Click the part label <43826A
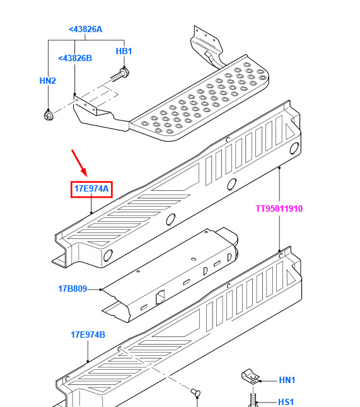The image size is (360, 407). pos(85,30)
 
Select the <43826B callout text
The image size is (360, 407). pos(75,58)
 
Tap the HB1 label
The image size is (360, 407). pos(124,51)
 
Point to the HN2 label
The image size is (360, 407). pos(47,81)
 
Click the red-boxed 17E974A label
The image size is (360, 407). pos(91,189)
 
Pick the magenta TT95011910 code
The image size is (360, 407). pos(279,209)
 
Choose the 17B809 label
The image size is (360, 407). pos(73,289)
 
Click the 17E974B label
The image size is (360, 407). pos(88,335)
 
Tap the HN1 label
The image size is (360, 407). pos(287,381)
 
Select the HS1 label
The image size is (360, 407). pos(286,402)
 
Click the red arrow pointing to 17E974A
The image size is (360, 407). pos(79,163)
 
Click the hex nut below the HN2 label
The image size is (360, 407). pos(49,115)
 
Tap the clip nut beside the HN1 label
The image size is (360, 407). pos(250,376)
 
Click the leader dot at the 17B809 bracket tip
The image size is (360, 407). pos(100,289)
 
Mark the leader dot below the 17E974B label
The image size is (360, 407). pos(88,361)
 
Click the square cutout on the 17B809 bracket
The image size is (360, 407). pos(160,297)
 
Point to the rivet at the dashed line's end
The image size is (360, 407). pos(195,392)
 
